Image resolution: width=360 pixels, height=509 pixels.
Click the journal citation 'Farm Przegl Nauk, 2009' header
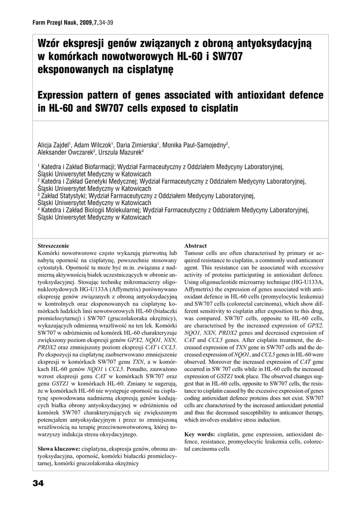click(65, 23)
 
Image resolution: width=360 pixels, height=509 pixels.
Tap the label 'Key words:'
click(199, 434)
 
